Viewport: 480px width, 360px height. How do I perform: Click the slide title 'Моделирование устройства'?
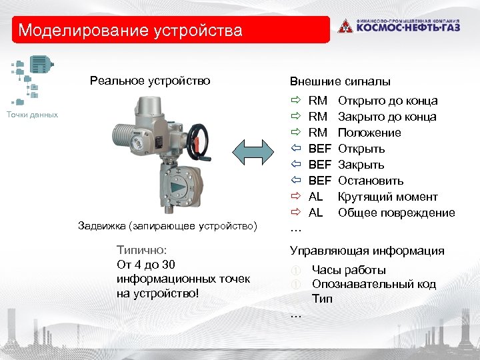[x=131, y=31]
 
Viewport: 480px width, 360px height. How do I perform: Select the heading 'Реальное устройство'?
[x=150, y=81]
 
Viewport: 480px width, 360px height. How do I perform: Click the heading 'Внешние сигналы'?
[x=340, y=82]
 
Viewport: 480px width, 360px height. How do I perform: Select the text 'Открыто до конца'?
[x=388, y=101]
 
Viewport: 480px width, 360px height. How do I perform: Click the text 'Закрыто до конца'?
[x=387, y=117]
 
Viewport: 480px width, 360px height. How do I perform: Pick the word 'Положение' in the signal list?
[x=370, y=133]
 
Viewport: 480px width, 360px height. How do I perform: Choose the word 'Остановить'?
[x=371, y=181]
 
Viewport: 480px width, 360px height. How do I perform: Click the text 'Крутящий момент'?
[x=388, y=197]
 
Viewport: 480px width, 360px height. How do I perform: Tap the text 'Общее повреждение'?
[x=397, y=213]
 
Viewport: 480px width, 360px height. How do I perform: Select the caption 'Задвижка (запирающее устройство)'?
[x=167, y=226]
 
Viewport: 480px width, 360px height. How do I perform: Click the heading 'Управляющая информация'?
[x=367, y=251]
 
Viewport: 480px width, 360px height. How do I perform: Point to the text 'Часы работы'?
[x=349, y=270]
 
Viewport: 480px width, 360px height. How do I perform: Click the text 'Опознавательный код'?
[x=374, y=285]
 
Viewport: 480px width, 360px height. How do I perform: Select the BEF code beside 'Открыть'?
[x=320, y=149]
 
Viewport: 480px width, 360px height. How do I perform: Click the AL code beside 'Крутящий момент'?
[x=316, y=197]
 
